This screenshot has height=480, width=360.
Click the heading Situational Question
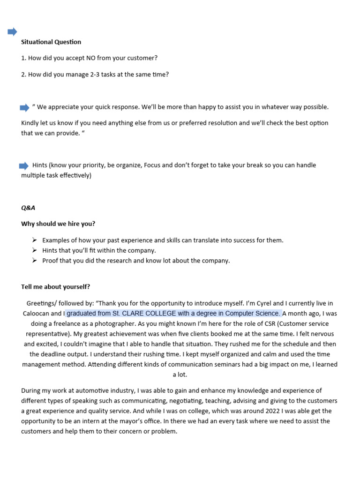pos(51,42)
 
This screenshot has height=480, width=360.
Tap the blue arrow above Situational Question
pos(12,32)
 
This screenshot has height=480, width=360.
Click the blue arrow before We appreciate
pos(24,108)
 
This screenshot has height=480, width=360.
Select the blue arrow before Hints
pos(23,166)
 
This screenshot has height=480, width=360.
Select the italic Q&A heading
pos(28,208)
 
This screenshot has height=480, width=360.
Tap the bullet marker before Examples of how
pos(34,240)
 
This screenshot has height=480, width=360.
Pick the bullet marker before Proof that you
pos(34,261)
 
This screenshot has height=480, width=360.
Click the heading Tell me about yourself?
pos(55,287)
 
